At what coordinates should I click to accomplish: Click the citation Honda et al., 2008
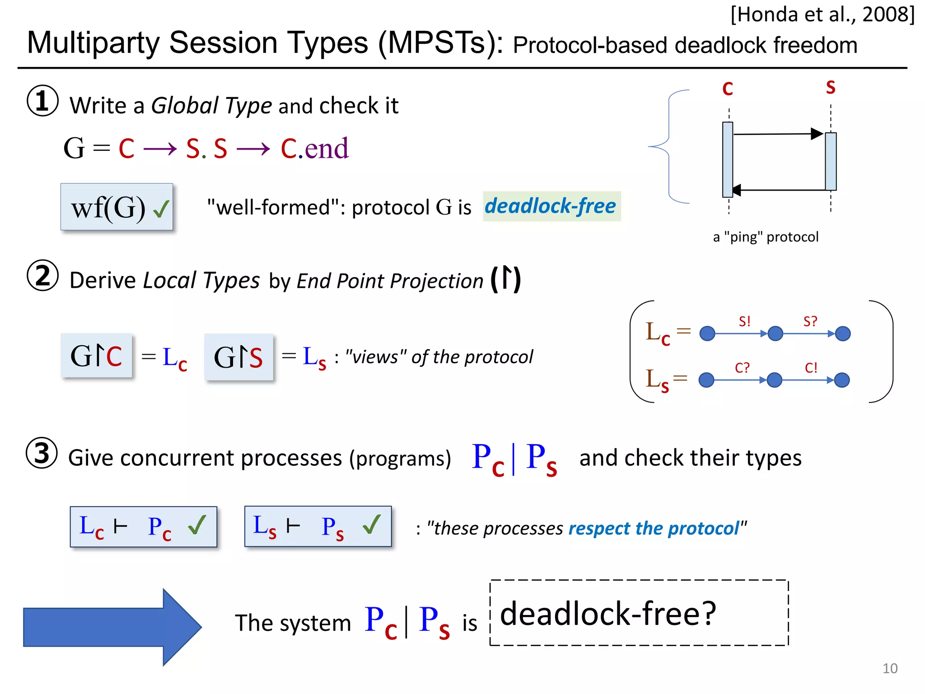tap(822, 14)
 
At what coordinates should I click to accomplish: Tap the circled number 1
tap(42, 101)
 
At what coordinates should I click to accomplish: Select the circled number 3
tap(42, 453)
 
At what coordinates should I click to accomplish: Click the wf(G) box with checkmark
tap(117, 207)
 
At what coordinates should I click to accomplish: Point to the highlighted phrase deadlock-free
tap(551, 206)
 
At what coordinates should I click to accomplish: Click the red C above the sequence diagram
tap(727, 89)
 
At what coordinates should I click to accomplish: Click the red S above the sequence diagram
tap(831, 87)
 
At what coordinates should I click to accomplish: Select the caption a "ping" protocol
tap(766, 237)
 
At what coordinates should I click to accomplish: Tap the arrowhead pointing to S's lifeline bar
tap(817, 134)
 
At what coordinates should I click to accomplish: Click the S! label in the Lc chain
tap(745, 321)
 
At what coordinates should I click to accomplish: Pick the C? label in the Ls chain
tap(742, 368)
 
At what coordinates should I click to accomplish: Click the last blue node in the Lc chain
tap(843, 334)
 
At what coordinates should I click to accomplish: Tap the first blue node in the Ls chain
tap(706, 380)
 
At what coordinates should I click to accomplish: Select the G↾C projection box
tap(97, 356)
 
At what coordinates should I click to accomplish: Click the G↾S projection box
tap(238, 357)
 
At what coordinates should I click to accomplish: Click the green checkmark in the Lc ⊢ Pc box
tap(197, 525)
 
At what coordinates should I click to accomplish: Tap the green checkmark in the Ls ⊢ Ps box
tap(371, 525)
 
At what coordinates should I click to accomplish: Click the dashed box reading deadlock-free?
tap(639, 613)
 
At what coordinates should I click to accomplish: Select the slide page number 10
tap(890, 668)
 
